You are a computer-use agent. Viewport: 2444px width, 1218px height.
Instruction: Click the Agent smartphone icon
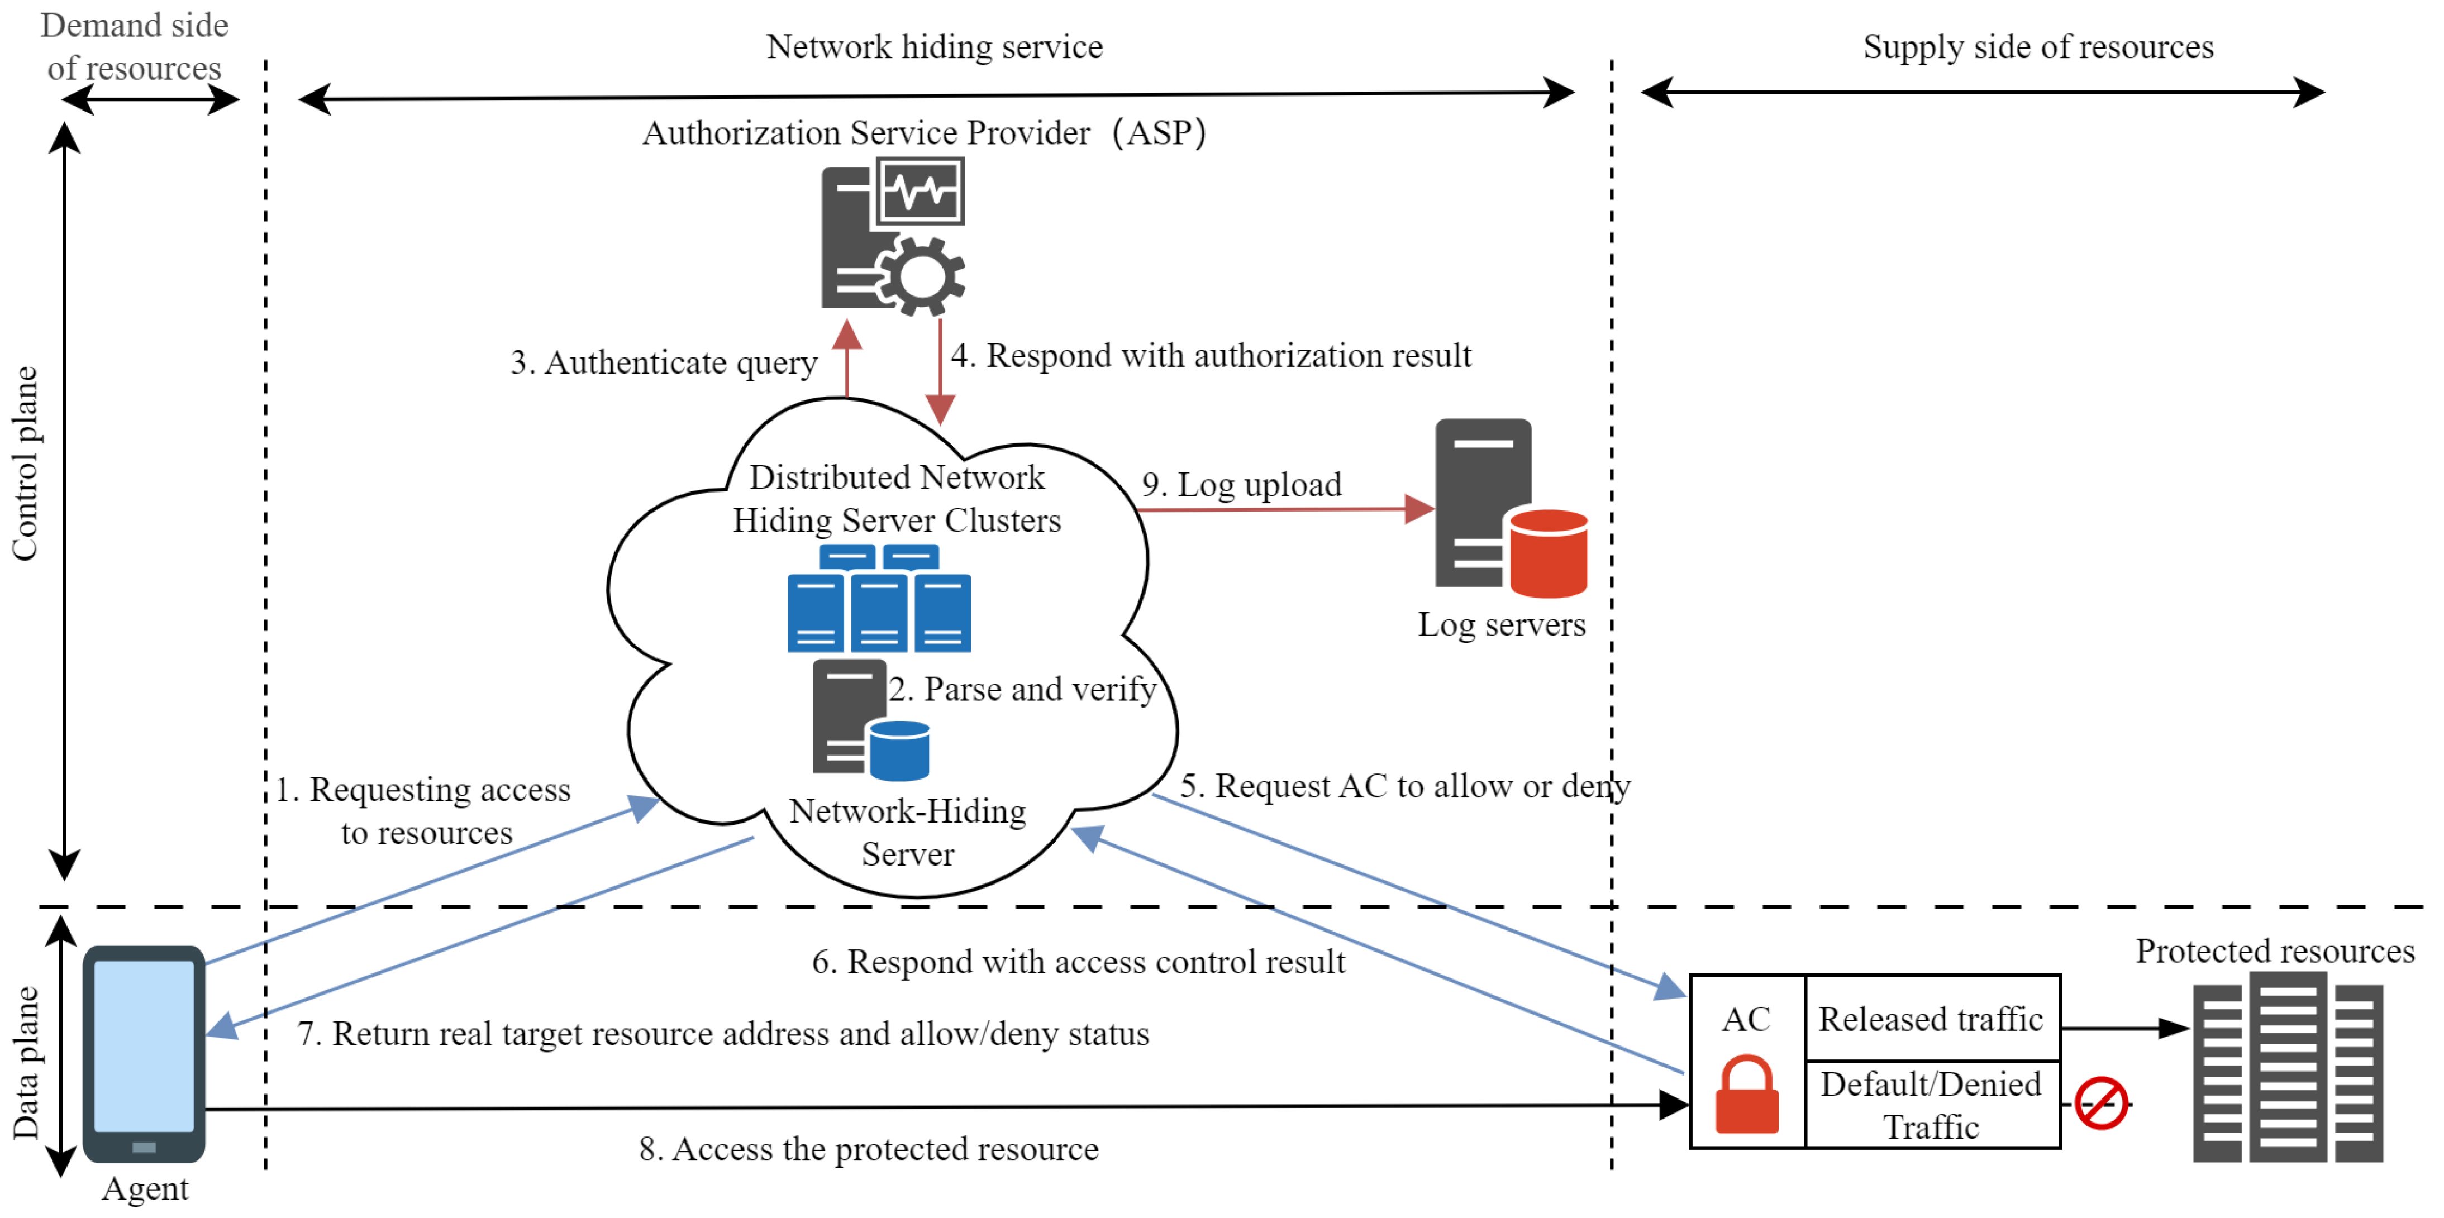coord(144,1053)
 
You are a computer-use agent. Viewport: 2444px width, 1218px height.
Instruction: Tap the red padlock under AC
coord(1746,1096)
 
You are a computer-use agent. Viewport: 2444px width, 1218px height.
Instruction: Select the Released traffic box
coord(1931,1019)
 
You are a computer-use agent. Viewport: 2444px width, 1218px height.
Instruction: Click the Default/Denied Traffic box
coord(1931,1105)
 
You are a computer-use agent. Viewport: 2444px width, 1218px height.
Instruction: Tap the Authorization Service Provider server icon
coord(892,237)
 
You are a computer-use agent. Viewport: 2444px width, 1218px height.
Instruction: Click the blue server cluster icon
coord(879,598)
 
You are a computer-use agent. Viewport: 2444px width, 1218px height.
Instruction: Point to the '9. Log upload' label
coord(1241,485)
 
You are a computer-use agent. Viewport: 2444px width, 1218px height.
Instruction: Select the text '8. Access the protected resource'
coord(868,1149)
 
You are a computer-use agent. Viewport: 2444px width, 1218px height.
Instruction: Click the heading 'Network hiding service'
coord(935,46)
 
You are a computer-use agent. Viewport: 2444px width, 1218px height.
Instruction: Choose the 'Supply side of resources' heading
coord(2038,46)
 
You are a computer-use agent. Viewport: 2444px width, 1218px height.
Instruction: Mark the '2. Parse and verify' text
coord(1022,689)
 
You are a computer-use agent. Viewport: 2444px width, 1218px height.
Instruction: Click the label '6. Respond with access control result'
coord(1078,962)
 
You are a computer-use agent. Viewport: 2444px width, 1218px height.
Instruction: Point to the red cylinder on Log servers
coord(1549,553)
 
